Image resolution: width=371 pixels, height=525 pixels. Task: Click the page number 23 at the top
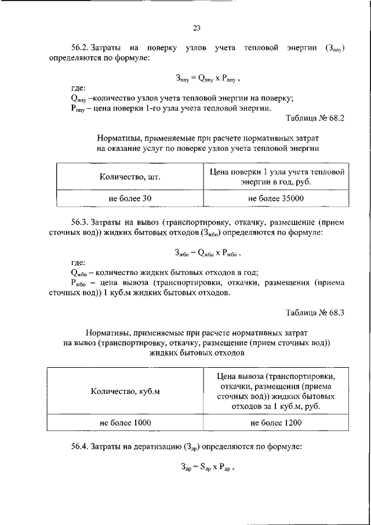(x=196, y=27)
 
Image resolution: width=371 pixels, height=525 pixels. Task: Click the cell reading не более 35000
(x=275, y=198)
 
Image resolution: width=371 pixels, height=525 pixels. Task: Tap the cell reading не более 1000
(x=125, y=423)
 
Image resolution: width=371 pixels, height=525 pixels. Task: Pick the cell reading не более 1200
(x=276, y=423)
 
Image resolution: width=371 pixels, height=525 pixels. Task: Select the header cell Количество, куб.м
(x=125, y=391)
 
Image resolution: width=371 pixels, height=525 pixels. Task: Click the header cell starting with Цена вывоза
(x=276, y=391)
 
